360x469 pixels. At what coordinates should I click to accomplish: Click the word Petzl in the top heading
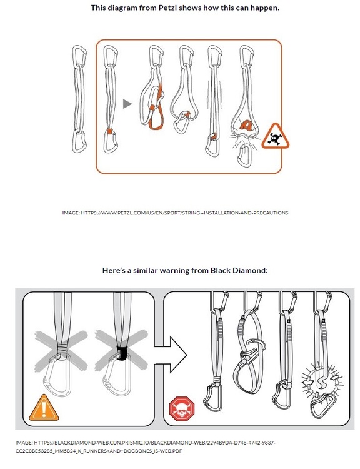coord(164,8)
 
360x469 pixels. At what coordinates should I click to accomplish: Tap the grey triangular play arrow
coord(127,104)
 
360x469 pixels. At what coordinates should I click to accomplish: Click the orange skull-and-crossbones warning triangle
coord(276,136)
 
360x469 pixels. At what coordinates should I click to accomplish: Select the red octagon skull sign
coord(181,409)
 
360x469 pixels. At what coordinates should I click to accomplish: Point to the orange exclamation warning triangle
coord(44,408)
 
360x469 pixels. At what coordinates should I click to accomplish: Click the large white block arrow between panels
coord(171,355)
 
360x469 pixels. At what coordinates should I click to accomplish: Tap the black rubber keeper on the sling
coord(122,353)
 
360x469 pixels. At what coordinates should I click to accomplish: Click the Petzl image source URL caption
coord(175,213)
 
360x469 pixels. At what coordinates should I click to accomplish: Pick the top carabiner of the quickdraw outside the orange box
coord(79,56)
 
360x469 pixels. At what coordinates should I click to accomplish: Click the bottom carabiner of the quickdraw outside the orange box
coord(79,142)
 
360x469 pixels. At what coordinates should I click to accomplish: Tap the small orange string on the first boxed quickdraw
coord(110,131)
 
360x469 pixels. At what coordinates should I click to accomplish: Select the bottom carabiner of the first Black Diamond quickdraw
coord(213,396)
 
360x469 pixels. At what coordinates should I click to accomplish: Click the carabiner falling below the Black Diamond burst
coord(323,405)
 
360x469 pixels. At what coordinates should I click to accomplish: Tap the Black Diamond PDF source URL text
coord(146,446)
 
